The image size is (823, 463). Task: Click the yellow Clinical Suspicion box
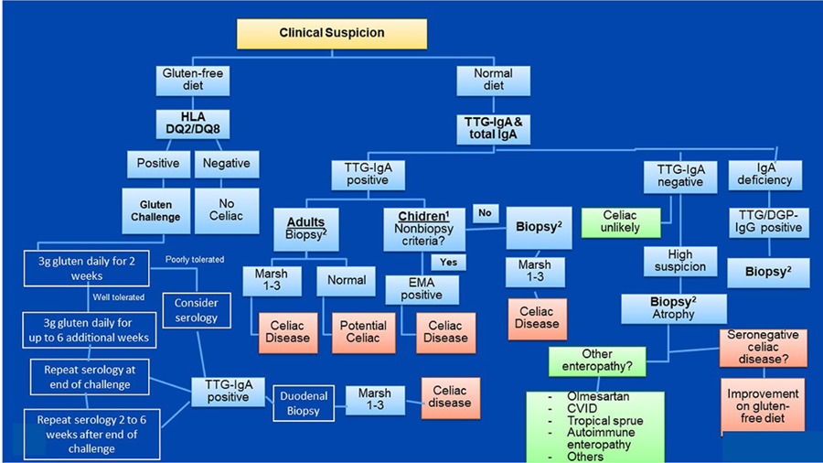click(x=331, y=33)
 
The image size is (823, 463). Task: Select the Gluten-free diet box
click(x=192, y=80)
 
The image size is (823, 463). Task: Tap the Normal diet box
click(x=493, y=80)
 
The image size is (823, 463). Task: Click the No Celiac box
click(x=227, y=210)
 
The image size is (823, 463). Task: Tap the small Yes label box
click(x=447, y=262)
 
